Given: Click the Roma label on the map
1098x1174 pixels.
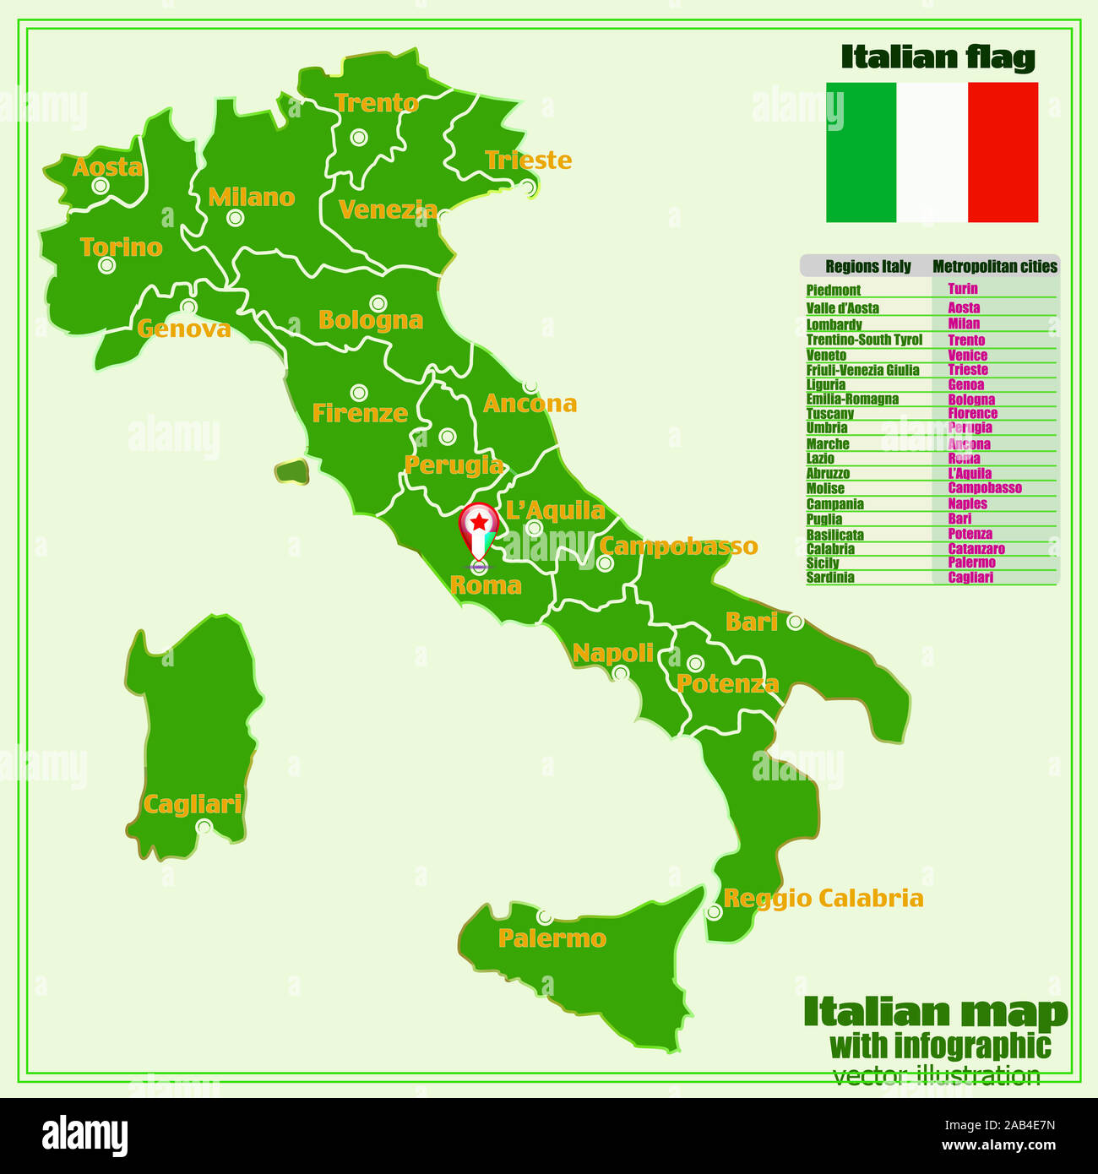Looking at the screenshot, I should click(486, 585).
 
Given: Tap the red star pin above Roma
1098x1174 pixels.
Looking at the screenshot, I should click(479, 524).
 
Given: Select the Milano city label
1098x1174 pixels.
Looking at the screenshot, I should click(252, 198).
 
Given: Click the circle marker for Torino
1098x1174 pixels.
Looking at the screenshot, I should click(106, 265).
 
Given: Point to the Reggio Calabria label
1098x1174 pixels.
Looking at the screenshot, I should click(823, 898).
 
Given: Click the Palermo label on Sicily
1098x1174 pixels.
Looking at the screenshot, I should click(552, 938).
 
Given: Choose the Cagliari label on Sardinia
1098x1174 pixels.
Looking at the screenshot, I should click(193, 804).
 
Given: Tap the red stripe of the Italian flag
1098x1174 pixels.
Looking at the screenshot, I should click(1003, 152).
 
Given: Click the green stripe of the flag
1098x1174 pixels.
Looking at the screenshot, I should click(861, 152).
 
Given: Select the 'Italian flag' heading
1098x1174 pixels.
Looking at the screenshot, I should click(938, 57).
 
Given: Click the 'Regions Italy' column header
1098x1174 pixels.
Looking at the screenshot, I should click(867, 267).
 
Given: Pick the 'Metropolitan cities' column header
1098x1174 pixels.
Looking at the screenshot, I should click(994, 267).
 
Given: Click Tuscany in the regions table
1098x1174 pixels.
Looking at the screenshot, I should click(829, 414).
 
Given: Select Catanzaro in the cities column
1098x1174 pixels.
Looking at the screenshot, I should click(976, 549).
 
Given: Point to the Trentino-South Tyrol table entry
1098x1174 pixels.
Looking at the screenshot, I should click(863, 340).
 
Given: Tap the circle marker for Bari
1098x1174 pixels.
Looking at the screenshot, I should click(795, 622).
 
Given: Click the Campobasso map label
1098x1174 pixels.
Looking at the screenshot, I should click(678, 546).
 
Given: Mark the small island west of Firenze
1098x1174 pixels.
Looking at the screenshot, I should click(291, 471).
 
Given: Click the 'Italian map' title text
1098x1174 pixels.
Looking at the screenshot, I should click(935, 1012).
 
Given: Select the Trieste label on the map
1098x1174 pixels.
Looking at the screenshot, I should click(528, 160).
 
